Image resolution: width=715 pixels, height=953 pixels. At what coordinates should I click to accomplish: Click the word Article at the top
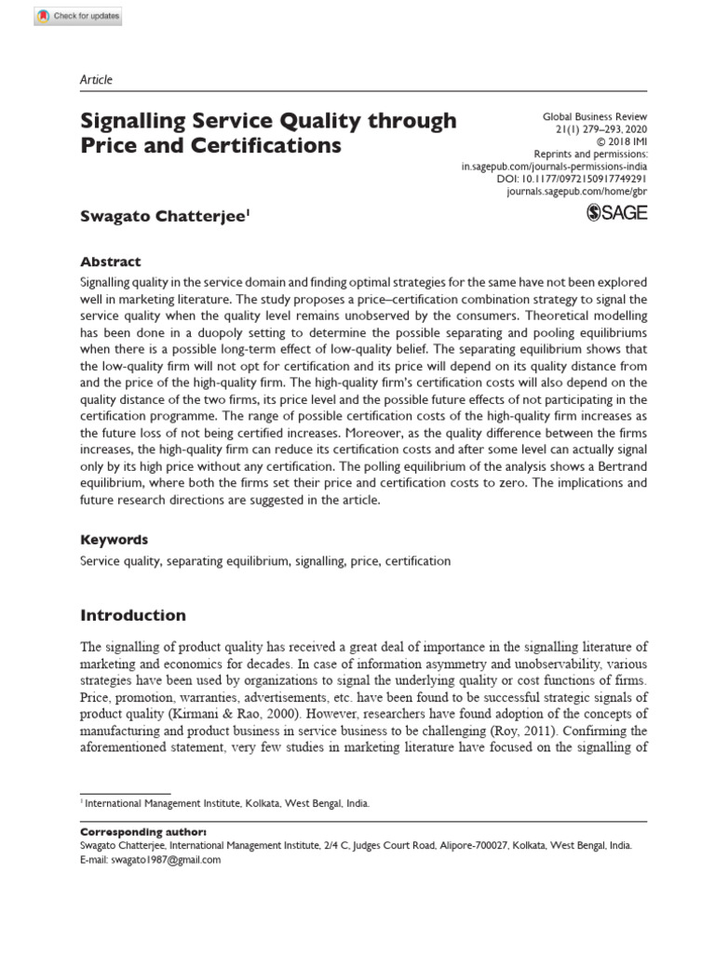pyautogui.click(x=96, y=80)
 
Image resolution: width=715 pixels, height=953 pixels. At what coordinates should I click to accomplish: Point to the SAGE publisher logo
pyautogui.click(x=616, y=213)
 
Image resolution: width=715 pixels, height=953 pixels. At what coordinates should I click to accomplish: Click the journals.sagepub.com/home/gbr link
pyautogui.click(x=576, y=191)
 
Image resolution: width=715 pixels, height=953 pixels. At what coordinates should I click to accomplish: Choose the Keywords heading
pyautogui.click(x=115, y=540)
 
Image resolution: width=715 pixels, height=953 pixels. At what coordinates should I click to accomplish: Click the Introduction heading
pyautogui.click(x=133, y=615)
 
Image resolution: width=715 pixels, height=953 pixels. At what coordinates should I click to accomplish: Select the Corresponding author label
pyautogui.click(x=143, y=830)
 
